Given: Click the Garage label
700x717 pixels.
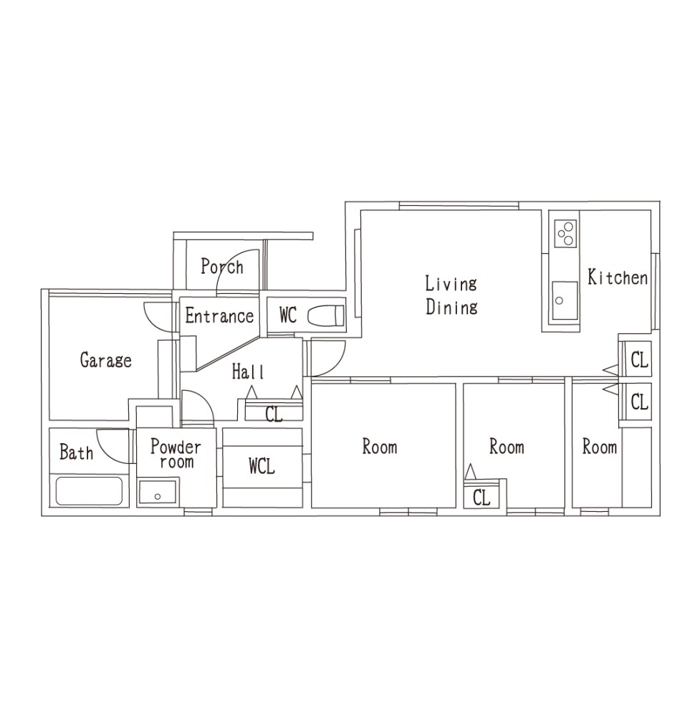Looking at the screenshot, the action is click(x=105, y=361).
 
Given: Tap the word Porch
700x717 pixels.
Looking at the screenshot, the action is click(x=222, y=267).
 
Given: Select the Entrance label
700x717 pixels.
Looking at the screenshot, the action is click(x=219, y=316).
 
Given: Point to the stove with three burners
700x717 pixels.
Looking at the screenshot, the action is click(x=565, y=233).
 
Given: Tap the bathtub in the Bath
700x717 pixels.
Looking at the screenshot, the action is click(x=89, y=491).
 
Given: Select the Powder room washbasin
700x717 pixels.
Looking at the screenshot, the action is click(x=158, y=492).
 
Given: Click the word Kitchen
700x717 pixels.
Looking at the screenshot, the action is click(x=618, y=277).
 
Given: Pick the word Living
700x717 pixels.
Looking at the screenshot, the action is click(x=451, y=283).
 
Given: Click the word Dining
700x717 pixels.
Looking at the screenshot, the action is click(x=451, y=307).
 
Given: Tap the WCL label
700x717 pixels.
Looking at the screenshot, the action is click(x=262, y=467).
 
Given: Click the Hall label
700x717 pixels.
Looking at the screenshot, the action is click(x=248, y=371).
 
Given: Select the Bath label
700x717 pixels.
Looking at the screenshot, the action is click(x=77, y=452).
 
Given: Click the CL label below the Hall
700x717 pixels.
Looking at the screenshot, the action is click(x=274, y=414).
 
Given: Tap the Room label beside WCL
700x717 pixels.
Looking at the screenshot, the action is click(x=380, y=447).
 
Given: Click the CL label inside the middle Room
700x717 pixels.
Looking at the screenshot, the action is click(x=481, y=497).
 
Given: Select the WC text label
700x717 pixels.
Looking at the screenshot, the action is click(x=288, y=315).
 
